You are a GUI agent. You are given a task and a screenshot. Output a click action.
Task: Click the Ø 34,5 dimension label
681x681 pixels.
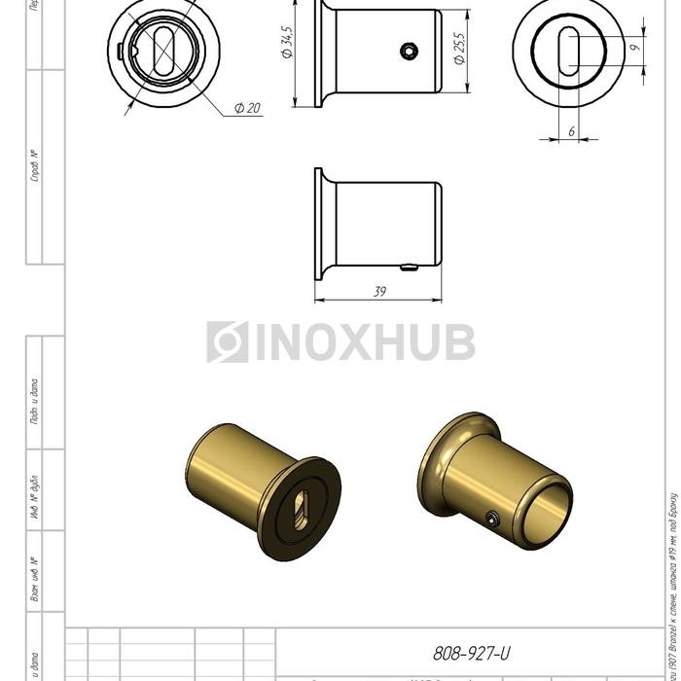[287, 45]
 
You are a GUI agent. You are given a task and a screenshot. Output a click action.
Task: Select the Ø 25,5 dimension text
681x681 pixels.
[459, 48]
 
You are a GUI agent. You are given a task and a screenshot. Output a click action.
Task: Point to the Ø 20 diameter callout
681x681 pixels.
[247, 108]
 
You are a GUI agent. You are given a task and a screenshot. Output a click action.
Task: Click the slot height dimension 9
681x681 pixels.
[633, 46]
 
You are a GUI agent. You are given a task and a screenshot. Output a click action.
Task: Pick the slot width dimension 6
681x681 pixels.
[571, 129]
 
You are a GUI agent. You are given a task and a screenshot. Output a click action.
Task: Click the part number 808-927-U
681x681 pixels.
[471, 655]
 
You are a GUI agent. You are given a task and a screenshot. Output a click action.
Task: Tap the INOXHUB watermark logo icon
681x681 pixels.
[227, 342]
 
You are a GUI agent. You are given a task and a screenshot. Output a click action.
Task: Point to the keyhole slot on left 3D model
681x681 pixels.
[303, 507]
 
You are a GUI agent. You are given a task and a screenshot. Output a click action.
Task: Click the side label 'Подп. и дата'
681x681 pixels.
[35, 400]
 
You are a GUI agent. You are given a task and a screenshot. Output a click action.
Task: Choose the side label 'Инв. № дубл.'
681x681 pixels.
[35, 505]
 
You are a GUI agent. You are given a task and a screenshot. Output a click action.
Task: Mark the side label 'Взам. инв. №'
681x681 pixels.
[35, 578]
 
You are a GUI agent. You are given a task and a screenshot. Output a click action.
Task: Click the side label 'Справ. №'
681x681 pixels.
[35, 166]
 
